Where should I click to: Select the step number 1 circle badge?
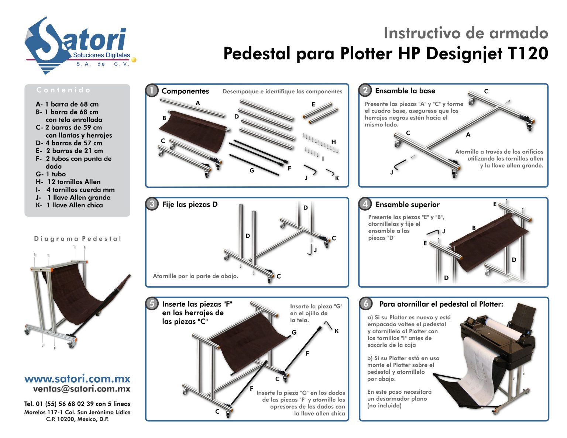(152, 91)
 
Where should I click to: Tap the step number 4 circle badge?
(365, 204)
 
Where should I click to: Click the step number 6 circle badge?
(365, 303)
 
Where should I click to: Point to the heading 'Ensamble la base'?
(405, 91)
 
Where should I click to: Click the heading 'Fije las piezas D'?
(190, 204)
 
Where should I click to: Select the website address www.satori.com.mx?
(77, 379)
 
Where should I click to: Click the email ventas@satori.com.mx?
(82, 389)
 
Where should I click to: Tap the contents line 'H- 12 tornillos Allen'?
(68, 182)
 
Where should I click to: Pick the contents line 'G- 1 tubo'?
(51, 174)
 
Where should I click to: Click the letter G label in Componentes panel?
(252, 170)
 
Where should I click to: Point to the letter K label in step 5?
(337, 331)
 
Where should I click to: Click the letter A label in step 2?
(468, 135)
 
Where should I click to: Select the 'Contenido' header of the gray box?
(63, 90)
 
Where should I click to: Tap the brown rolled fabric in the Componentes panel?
(194, 129)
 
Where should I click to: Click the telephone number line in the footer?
(77, 404)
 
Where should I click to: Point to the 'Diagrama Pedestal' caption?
(78, 239)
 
